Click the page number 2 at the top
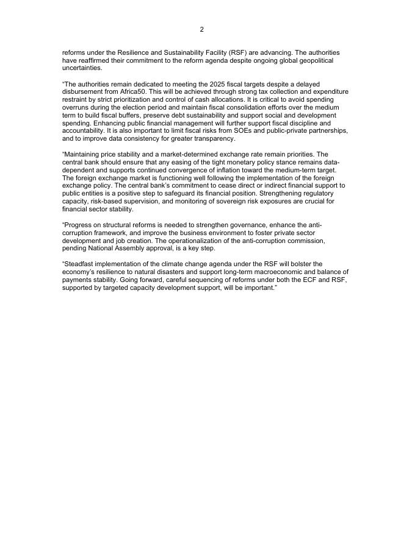pos(202,30)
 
